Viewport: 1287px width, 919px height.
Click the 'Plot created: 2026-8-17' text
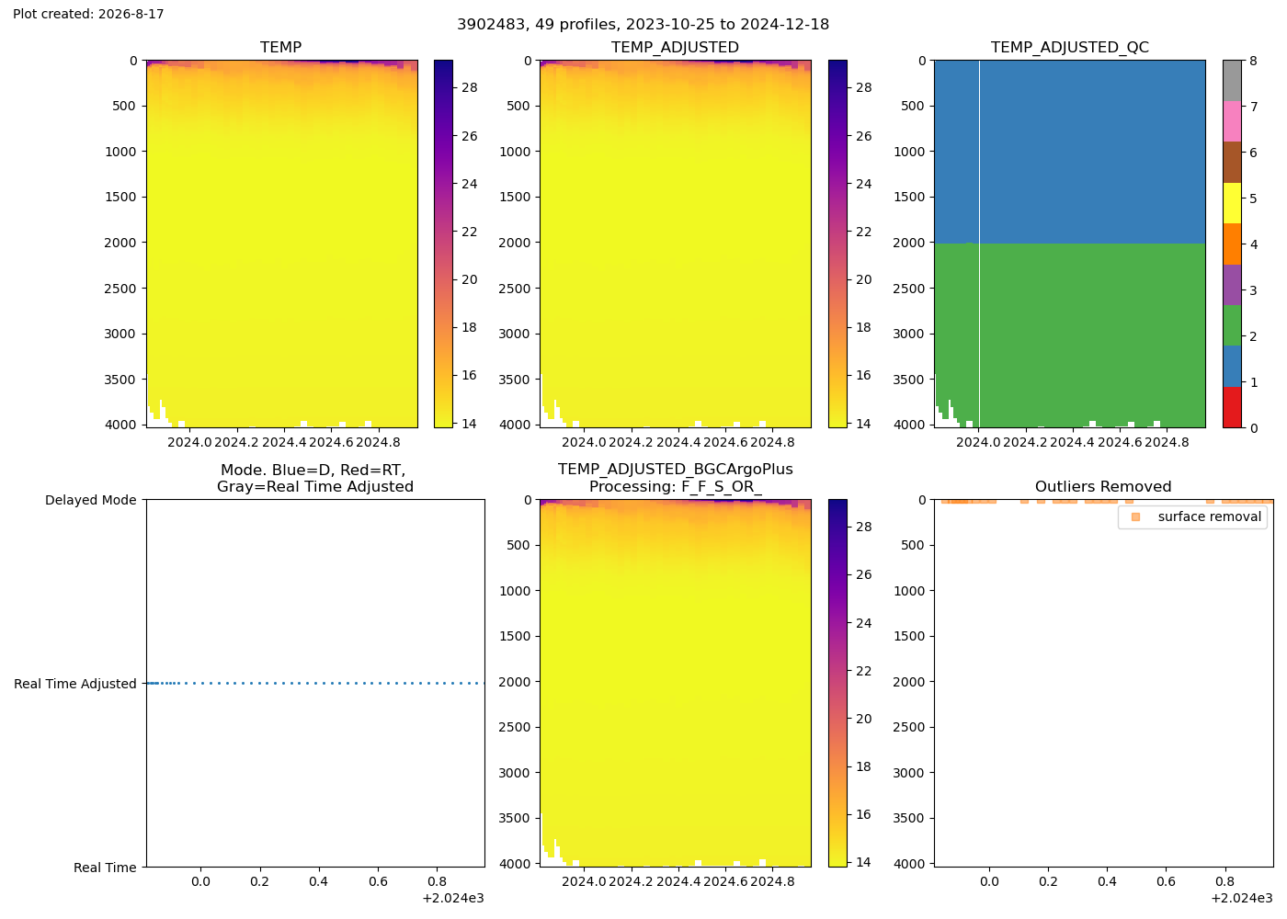(x=88, y=14)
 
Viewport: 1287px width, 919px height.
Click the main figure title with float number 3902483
(x=643, y=25)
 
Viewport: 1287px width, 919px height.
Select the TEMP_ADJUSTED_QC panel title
(x=1070, y=47)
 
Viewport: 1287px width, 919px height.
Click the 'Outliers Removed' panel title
(x=1103, y=486)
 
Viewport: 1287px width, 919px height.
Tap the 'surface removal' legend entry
(x=1210, y=516)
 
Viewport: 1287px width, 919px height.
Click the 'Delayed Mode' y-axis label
(x=91, y=500)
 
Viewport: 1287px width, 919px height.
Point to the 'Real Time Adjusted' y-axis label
(x=75, y=684)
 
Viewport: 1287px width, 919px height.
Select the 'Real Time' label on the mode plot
(x=105, y=868)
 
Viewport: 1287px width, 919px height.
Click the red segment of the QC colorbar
(x=1232, y=407)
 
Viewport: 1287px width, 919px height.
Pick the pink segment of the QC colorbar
(x=1232, y=121)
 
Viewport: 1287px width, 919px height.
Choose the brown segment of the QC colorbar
(x=1232, y=163)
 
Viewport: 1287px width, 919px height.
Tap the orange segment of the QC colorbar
(x=1232, y=244)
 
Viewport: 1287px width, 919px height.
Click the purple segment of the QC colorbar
(x=1232, y=285)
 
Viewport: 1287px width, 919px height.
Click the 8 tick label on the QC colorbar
(x=1253, y=61)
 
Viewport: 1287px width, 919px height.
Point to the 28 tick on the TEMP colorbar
(x=470, y=88)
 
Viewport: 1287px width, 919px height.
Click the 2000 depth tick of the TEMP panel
(x=120, y=243)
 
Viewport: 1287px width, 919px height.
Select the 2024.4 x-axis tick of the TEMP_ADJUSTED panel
(x=679, y=443)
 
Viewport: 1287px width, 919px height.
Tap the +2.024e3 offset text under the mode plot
(x=453, y=899)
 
